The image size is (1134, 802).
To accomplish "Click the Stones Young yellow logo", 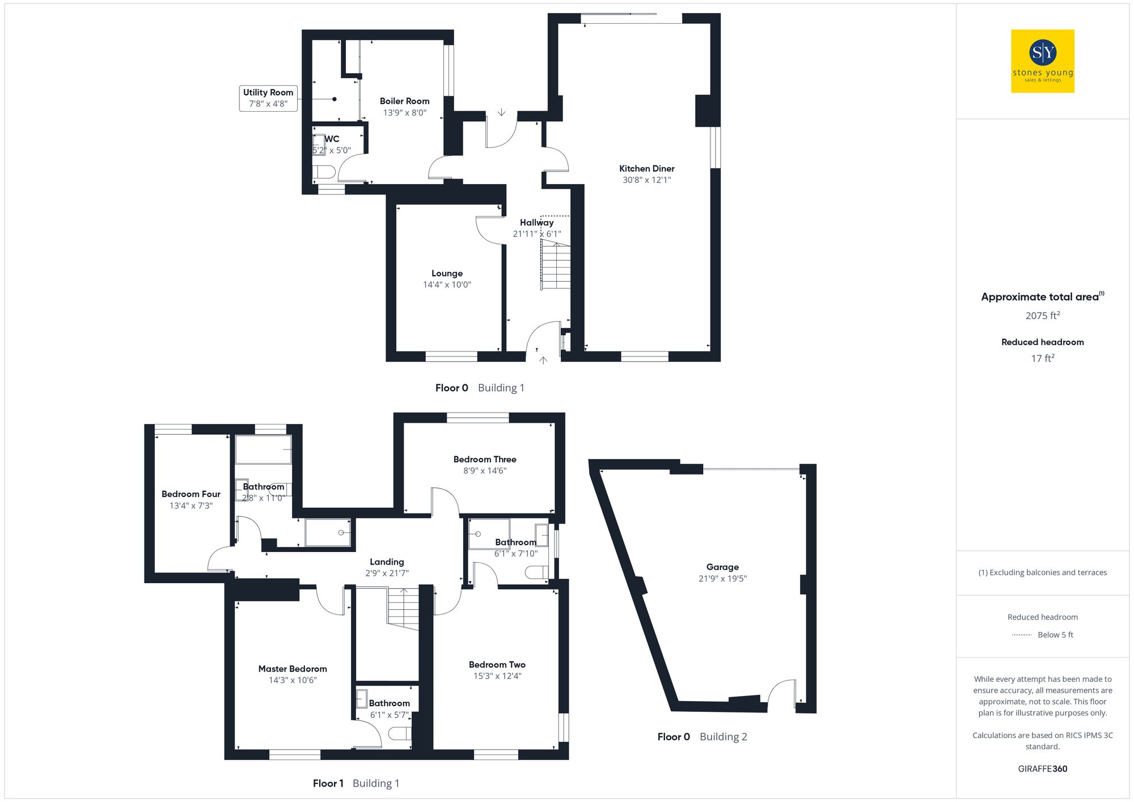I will pos(1042,61).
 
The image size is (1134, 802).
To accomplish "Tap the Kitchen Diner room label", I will pos(646,169).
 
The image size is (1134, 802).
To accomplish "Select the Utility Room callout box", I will pos(268,98).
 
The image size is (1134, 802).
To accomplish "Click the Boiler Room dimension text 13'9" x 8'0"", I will pos(404,113).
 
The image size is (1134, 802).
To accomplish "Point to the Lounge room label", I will pos(447,273).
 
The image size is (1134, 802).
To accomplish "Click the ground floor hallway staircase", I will pos(556,265).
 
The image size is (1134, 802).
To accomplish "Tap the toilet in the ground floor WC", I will pos(324,172).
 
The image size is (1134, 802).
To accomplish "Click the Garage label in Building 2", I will pos(722,567).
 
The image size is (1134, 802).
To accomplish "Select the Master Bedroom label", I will pos(293,669).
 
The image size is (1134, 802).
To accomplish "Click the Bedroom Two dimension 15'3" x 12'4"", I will pos(497,676).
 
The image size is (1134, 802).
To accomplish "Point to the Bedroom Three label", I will pos(485,459).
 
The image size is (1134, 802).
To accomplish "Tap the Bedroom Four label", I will pos(191,494).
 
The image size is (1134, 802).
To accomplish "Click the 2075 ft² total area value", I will pos(1042,316).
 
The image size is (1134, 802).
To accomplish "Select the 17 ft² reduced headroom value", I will pos(1042,358).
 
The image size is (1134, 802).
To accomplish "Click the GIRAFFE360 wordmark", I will pos(1042,769).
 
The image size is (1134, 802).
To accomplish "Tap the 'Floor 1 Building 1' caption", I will pos(356,783).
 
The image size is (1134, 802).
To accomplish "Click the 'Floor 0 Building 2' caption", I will pos(702,737).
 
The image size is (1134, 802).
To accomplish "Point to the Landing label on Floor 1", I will pos(387,562).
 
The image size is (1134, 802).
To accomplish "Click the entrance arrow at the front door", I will pos(543,360).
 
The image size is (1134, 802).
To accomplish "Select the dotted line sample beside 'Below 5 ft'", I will pos(1022,635).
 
